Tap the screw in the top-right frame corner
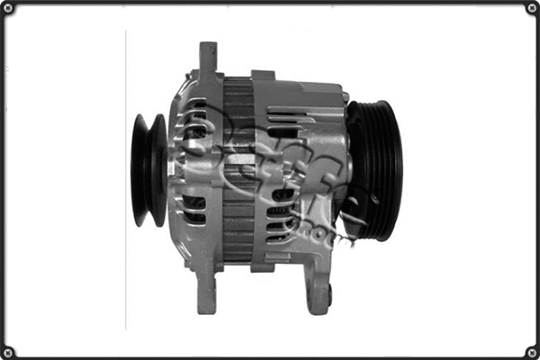coord(530,9)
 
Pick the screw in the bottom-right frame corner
coord(530,351)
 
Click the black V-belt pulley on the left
coord(147,170)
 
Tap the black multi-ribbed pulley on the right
coord(376,170)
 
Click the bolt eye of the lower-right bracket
coord(328,293)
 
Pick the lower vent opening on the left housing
coord(194,211)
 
